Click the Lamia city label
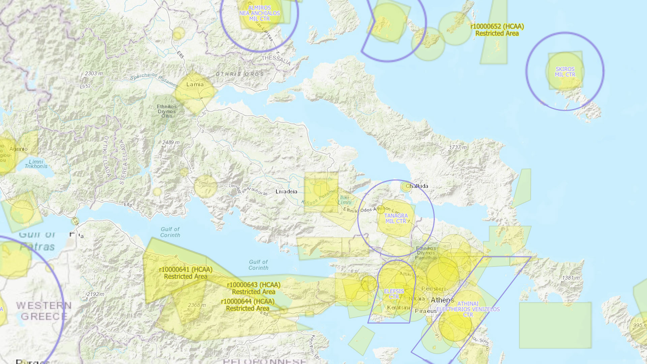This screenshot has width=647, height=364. [x=195, y=84]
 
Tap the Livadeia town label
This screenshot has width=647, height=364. [x=286, y=191]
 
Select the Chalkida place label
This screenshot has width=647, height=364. [x=417, y=186]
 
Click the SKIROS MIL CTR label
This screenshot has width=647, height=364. [x=565, y=72]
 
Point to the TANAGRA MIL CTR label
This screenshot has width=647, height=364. [x=396, y=218]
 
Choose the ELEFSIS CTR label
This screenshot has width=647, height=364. [x=394, y=294]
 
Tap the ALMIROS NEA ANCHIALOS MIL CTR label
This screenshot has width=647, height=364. [x=259, y=13]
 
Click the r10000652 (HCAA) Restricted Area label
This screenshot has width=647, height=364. [x=497, y=30]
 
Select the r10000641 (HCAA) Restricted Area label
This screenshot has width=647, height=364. [x=186, y=273]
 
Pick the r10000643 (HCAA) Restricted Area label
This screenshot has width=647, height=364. [x=253, y=288]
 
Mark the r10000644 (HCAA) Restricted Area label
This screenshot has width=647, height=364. [x=248, y=305]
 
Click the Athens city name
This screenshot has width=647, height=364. [x=442, y=300]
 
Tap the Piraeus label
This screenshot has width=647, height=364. [x=426, y=311]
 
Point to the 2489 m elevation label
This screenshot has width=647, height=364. [x=171, y=143]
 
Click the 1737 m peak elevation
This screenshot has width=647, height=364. [x=458, y=147]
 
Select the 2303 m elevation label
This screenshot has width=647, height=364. [x=94, y=73]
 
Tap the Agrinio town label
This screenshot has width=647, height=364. [x=19, y=149]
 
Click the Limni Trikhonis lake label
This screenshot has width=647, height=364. [x=36, y=164]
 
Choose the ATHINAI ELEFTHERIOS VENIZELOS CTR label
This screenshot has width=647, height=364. [x=468, y=309]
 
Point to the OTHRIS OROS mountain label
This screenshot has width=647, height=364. [x=240, y=74]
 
